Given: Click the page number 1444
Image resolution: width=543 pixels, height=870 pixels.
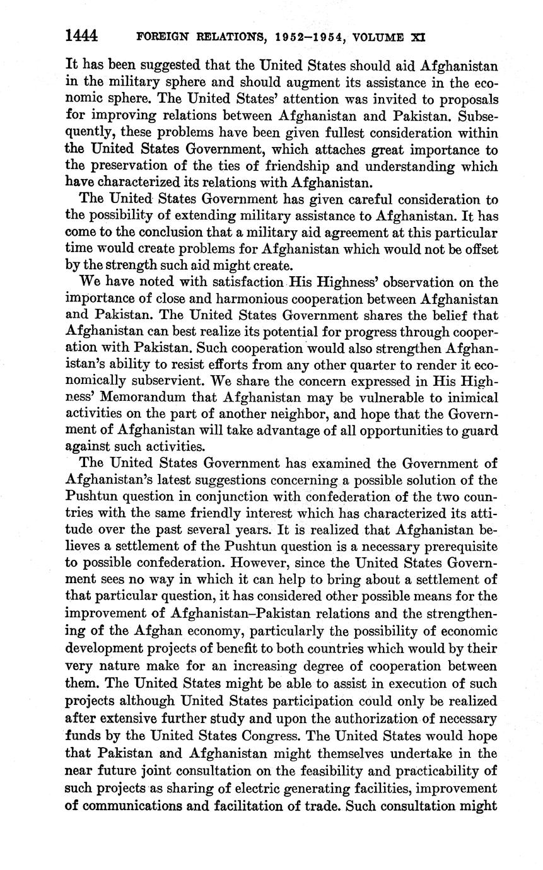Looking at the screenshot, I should click(81, 36).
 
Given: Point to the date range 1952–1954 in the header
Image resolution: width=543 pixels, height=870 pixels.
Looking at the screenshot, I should click(308, 37).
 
